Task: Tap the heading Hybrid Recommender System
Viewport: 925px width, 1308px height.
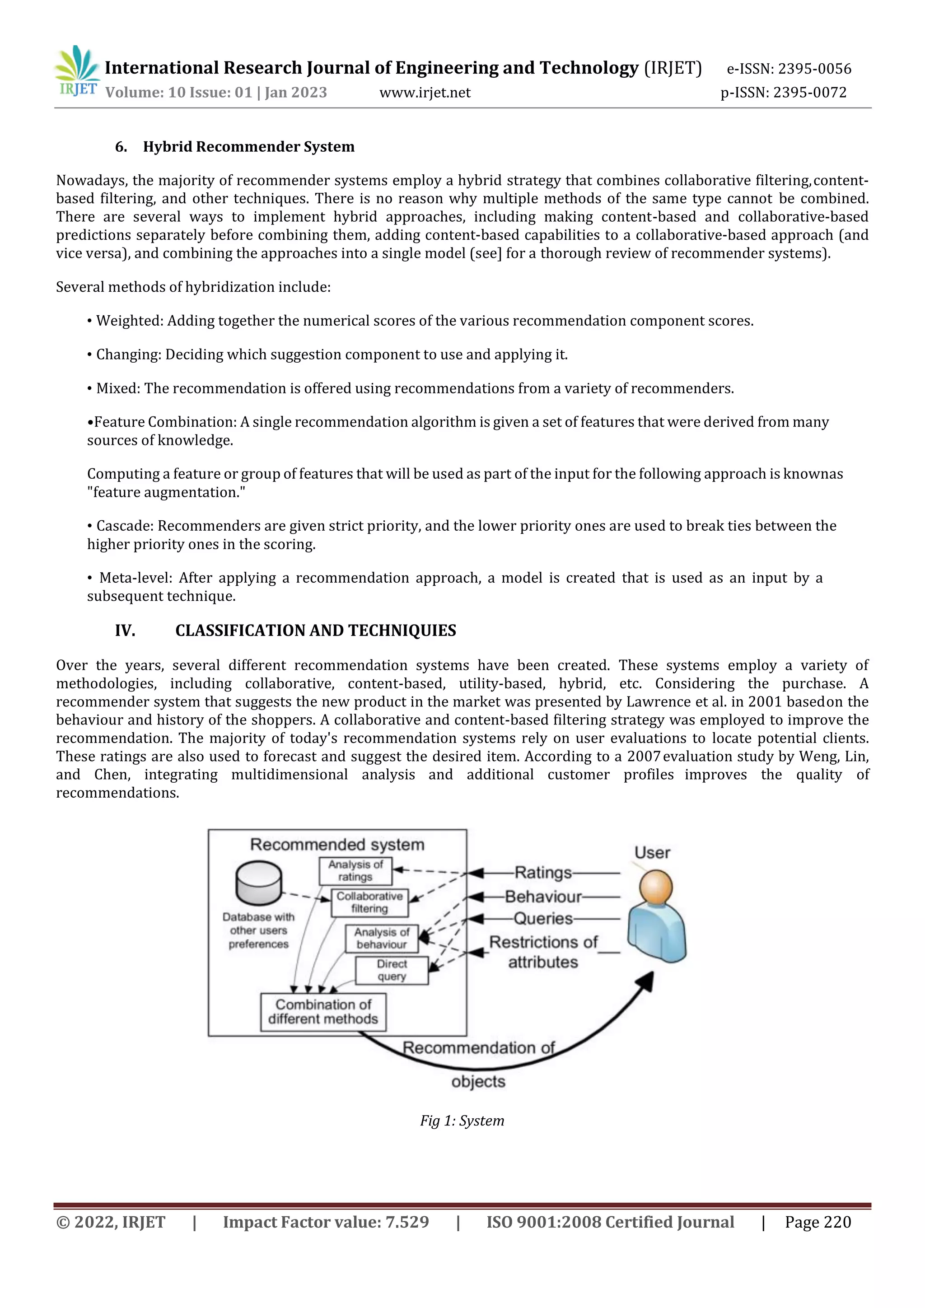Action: coord(248,146)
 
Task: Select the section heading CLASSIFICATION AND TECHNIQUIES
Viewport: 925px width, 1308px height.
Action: coord(316,631)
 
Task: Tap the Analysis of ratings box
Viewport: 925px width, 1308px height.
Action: coord(355,870)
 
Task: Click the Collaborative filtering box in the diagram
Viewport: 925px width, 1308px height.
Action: coord(369,902)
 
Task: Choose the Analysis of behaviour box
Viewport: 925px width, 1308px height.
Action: coord(382,938)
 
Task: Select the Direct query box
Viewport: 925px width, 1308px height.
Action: coord(392,970)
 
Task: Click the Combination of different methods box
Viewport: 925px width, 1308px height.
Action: coord(323,1012)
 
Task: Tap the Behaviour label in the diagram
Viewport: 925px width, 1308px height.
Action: coord(543,897)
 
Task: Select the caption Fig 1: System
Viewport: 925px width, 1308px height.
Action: coord(462,1121)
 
